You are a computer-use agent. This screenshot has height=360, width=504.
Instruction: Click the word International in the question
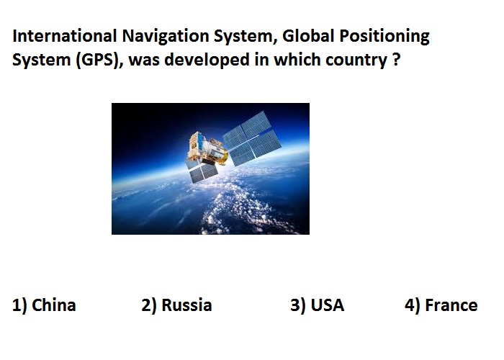[64, 36]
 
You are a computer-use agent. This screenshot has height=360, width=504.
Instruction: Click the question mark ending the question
[396, 60]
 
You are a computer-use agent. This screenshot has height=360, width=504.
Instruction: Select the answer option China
[54, 305]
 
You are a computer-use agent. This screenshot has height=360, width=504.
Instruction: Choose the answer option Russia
[186, 305]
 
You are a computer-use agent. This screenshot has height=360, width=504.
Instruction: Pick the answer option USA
[327, 305]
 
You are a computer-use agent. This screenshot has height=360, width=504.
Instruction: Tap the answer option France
[451, 305]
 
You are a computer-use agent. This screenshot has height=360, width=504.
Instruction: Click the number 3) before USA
[297, 305]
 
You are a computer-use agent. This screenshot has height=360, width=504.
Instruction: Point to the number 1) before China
[19, 305]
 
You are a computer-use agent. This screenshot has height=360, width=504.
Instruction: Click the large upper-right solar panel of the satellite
[252, 138]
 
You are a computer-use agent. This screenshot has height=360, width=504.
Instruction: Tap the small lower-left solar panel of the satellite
[201, 173]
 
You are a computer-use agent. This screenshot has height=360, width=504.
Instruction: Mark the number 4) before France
[412, 305]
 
